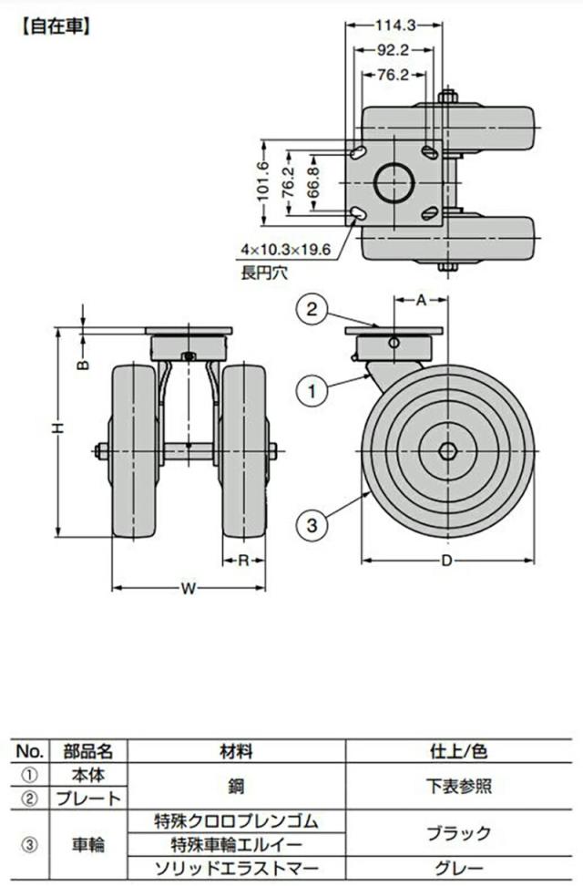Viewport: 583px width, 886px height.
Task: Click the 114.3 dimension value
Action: point(394,25)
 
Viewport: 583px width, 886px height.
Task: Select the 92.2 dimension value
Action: point(394,50)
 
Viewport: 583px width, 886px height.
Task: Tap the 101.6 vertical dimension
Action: point(263,182)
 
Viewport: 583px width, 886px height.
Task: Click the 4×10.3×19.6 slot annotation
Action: point(285,249)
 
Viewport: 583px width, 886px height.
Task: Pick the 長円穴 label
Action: point(264,273)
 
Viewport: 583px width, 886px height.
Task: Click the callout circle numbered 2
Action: point(312,309)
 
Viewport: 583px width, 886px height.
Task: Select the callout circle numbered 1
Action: point(312,390)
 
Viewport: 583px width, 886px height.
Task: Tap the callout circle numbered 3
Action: point(312,526)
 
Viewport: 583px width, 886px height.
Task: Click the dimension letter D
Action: point(447,561)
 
